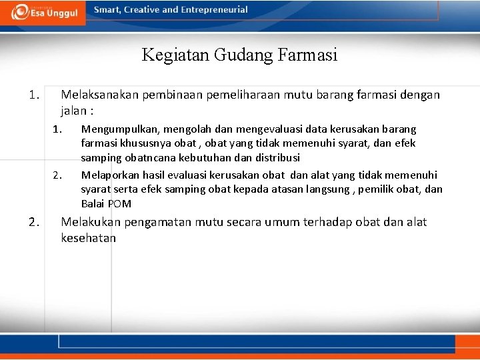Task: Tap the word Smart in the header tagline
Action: click(109, 10)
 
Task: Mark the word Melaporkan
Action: click(109, 175)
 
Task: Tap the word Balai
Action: click(93, 204)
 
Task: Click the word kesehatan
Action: click(88, 238)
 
